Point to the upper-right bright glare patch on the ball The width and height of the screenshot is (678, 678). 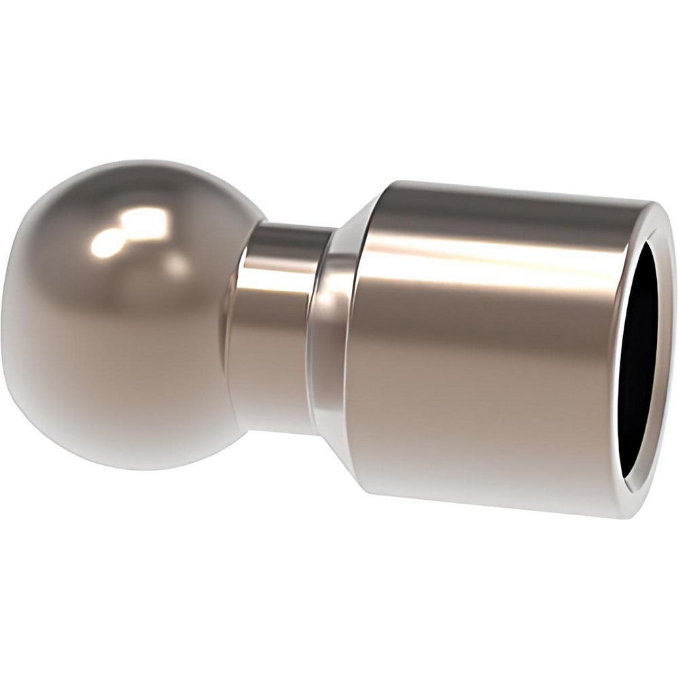point(146,220)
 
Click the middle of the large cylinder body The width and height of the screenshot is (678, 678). point(488,353)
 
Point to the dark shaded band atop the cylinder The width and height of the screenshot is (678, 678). point(502,207)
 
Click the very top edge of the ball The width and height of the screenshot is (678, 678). point(136,161)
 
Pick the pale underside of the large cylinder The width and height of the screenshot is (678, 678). point(488,475)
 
